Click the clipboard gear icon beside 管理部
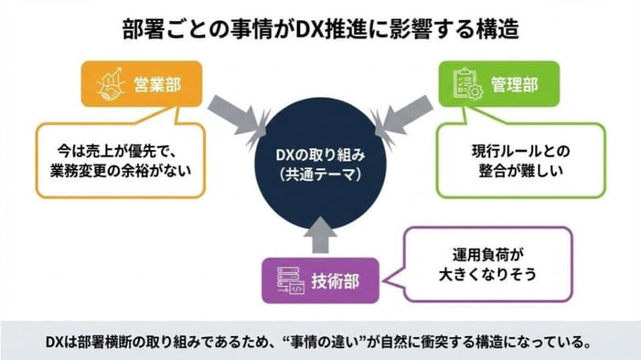(x=462, y=83)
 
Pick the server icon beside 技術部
(x=284, y=281)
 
